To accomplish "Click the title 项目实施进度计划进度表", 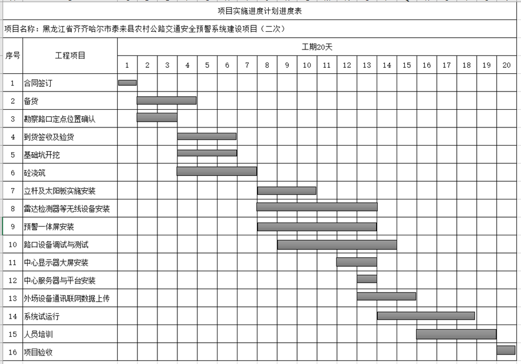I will coord(260,11).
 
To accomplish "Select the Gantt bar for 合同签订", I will coord(127,83).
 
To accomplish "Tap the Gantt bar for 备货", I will coord(166,100).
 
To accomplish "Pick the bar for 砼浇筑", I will coord(216,171).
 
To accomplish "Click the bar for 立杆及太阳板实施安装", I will coord(286,191).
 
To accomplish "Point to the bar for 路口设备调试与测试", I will coord(337,244).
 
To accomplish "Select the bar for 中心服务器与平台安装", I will coord(367,279).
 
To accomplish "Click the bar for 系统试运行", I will coord(426,316).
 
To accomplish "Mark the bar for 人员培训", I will coord(456,334).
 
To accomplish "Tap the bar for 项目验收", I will coord(506,350).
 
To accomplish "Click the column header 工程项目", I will coord(70,55).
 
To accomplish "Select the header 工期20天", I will coord(317,47).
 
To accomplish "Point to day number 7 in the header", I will coord(247,65).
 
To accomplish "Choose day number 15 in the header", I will coord(407,65).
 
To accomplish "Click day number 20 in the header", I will coord(506,65).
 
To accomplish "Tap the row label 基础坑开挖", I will coord(42,155).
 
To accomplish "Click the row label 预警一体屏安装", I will coord(49,227).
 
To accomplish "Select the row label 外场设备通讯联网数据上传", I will coord(67,299).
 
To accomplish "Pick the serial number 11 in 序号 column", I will coord(12,263).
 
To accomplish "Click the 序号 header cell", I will coord(12,55).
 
